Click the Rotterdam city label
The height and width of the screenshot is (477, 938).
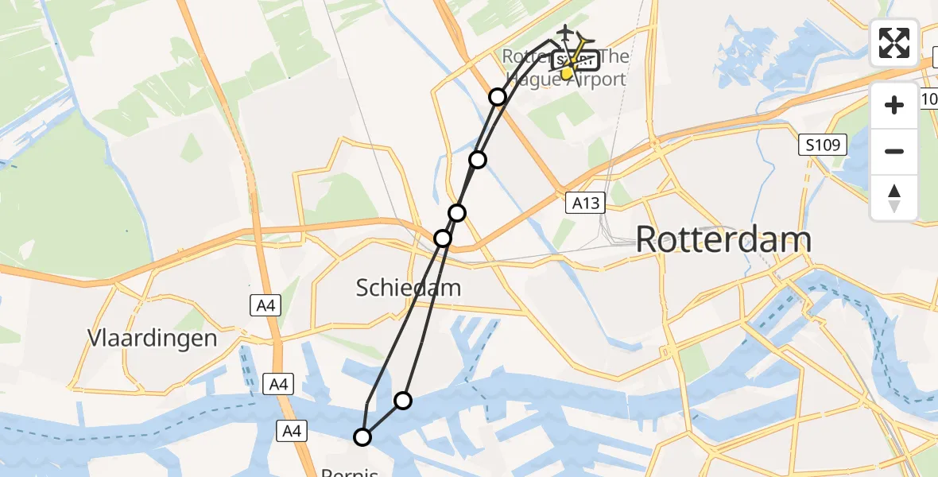pyautogui.click(x=723, y=239)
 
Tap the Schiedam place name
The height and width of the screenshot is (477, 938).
pyautogui.click(x=409, y=287)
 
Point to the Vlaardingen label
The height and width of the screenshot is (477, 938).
pyautogui.click(x=141, y=338)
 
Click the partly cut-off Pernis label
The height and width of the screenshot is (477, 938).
pyautogui.click(x=350, y=472)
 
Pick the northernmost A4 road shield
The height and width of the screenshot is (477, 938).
pyautogui.click(x=266, y=305)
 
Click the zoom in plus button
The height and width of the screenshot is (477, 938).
pyautogui.click(x=894, y=105)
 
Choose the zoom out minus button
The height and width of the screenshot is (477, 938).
pyautogui.click(x=894, y=151)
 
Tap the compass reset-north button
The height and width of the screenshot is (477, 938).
pyautogui.click(x=894, y=198)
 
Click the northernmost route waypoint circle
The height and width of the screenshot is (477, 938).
pyautogui.click(x=498, y=97)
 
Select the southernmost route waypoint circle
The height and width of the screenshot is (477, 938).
pyautogui.click(x=362, y=436)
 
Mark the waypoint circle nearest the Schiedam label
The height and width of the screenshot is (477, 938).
pyautogui.click(x=443, y=238)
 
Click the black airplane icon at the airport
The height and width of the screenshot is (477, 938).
pyautogui.click(x=564, y=33)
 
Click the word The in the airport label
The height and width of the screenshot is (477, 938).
pyautogui.click(x=613, y=57)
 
